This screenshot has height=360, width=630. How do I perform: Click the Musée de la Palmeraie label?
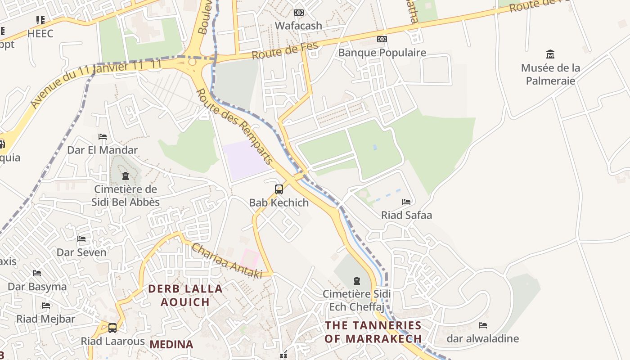pos(550,74)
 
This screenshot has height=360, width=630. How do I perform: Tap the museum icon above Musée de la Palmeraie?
pos(550,54)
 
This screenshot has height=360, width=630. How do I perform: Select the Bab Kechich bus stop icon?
pos(279,189)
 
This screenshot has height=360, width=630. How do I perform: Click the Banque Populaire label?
pos(382,53)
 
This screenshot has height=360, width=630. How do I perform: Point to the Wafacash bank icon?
pos(299,13)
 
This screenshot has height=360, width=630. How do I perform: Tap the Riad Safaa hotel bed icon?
pos(406,202)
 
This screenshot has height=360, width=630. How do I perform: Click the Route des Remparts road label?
pos(235,126)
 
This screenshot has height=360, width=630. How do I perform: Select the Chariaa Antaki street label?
pos(226,261)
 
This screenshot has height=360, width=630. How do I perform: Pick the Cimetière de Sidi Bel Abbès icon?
pos(126,176)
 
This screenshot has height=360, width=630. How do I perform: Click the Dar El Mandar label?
pos(102,150)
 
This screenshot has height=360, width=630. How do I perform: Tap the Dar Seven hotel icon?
pos(81,239)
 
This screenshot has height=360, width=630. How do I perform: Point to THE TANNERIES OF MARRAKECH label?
pos(373,332)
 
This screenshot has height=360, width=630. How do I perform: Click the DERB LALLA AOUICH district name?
pos(185,295)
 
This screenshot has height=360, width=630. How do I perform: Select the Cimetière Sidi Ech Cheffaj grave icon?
pos(357,281)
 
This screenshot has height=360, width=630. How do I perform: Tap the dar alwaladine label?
pos(482,338)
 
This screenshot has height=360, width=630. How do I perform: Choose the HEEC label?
pos(40,34)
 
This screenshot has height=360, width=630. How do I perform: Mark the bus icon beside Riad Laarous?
pos(112,328)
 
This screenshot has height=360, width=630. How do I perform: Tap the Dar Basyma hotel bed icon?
pos(37,273)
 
